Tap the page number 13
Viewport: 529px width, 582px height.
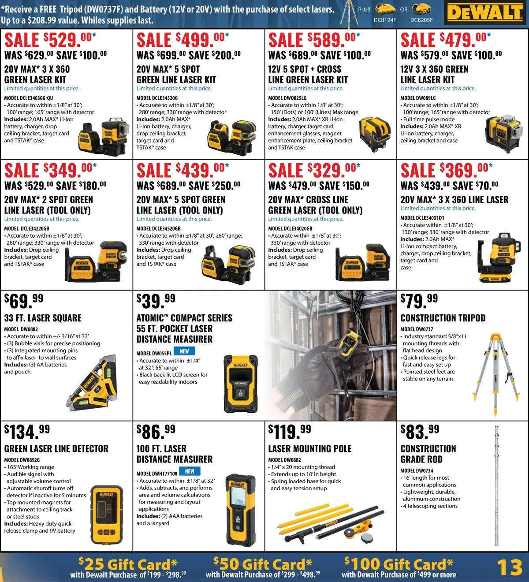510,567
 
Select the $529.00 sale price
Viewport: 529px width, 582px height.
50,40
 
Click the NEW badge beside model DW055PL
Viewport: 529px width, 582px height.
184,351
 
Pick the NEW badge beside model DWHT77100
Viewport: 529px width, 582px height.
190,471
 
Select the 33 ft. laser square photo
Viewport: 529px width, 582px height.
92,382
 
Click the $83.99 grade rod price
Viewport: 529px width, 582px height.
420,432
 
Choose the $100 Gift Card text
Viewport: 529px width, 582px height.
399,564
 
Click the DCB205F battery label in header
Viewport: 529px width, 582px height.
421,20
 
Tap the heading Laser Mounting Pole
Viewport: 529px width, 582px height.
309,448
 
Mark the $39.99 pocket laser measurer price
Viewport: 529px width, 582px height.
156,301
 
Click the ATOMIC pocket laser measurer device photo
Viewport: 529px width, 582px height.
241,384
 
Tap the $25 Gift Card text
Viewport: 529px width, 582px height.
128,564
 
